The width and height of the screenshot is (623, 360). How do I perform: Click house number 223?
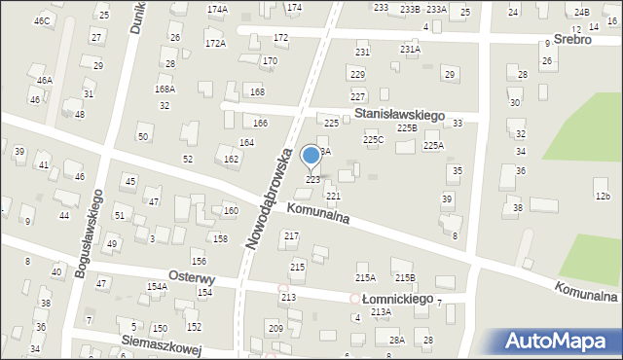tap(313, 179)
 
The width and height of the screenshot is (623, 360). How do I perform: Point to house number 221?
tap(333, 196)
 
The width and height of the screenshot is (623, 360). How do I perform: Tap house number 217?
tap(290, 236)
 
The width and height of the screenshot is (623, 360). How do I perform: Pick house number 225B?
tap(406, 128)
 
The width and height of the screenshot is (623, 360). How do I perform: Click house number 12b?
tap(603, 197)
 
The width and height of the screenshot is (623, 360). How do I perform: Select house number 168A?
tap(165, 89)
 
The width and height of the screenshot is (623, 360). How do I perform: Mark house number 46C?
tap(41, 20)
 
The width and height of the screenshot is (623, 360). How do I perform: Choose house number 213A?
tap(380, 311)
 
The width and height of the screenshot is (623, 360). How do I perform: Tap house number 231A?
tap(410, 49)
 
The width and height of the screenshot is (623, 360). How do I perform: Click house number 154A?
tap(157, 286)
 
